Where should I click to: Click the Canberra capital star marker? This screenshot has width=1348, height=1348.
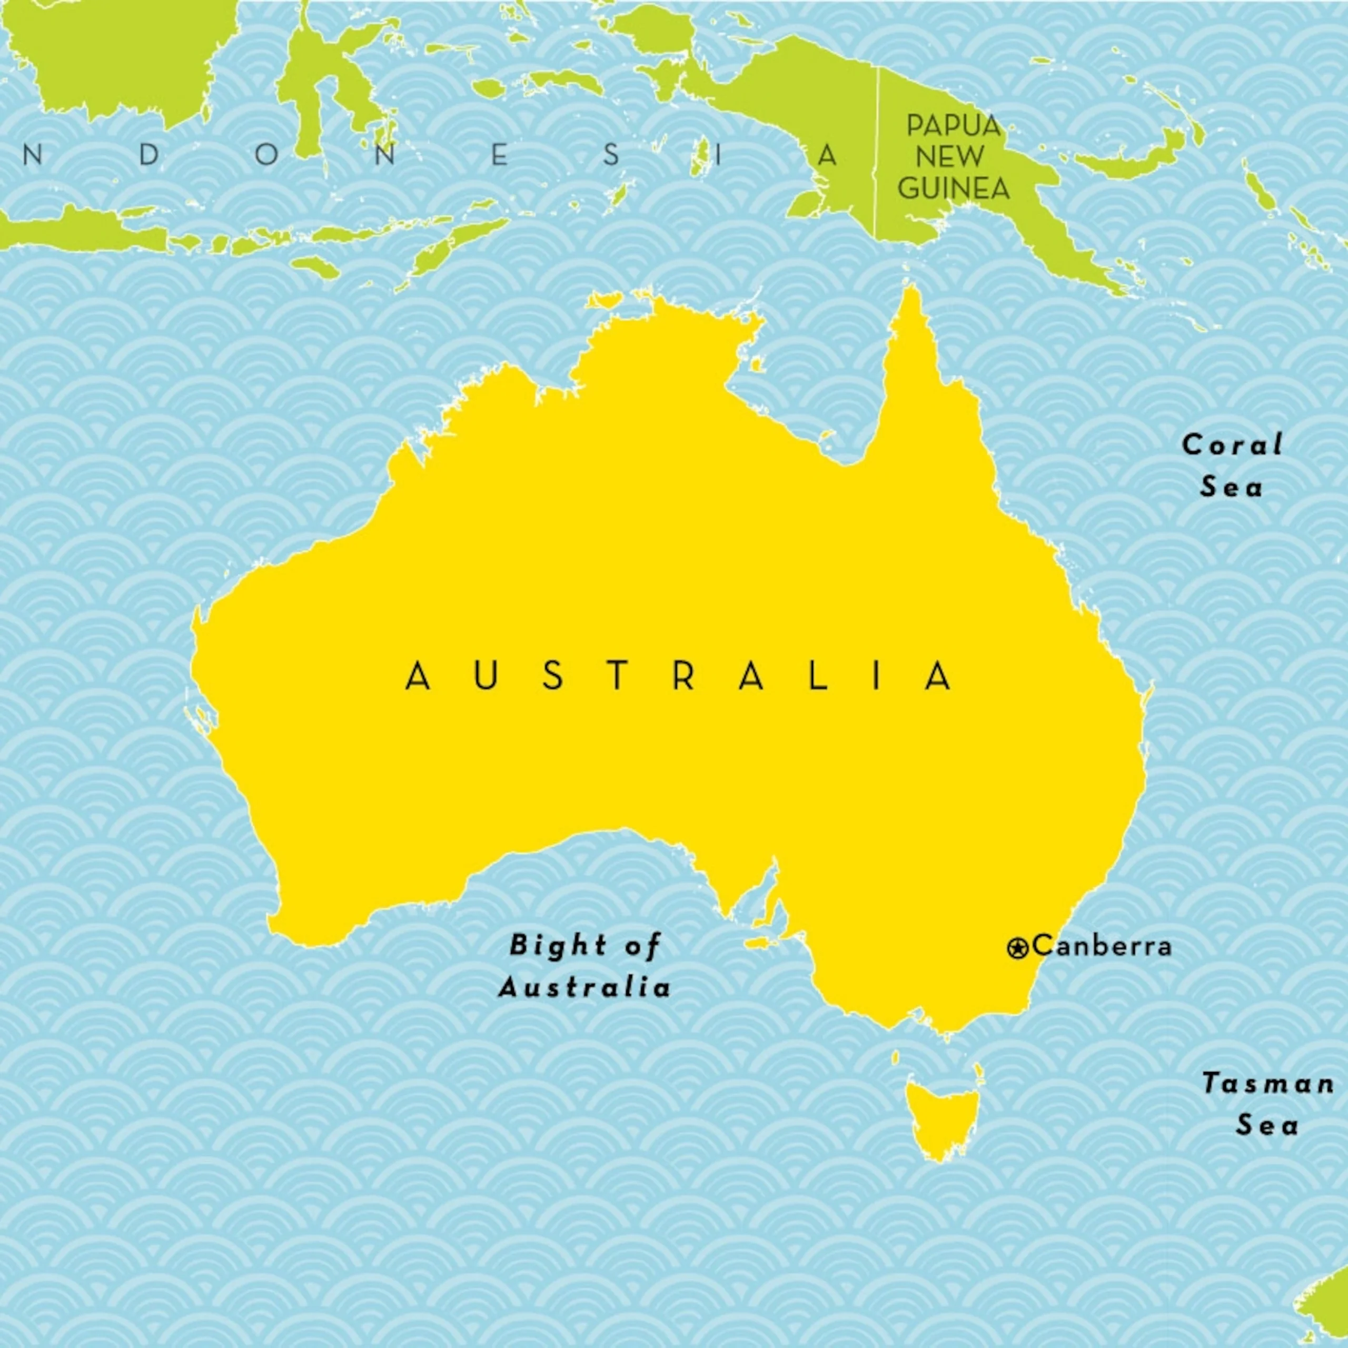point(1017,947)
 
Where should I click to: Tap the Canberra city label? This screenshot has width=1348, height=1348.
point(1102,946)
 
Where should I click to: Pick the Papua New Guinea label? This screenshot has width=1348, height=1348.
point(954,157)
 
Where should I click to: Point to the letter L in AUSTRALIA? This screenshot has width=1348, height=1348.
point(818,676)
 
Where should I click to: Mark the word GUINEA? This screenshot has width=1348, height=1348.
point(954,189)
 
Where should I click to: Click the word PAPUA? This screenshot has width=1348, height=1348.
point(954,126)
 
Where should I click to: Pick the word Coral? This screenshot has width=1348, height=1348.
point(1232,445)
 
